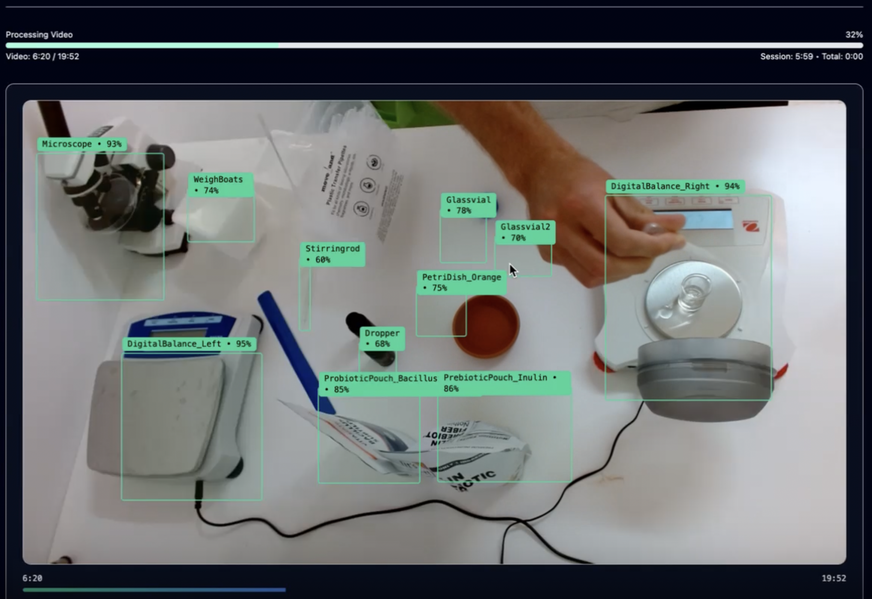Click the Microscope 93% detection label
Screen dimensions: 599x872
pos(81,144)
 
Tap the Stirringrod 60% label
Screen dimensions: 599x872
pos(332,254)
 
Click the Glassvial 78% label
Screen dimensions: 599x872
pos(468,205)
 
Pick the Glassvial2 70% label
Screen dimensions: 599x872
pos(525,232)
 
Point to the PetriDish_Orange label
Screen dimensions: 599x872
pos(461,282)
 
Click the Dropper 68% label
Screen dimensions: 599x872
pos(382,338)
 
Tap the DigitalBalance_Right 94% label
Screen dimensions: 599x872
pos(675,186)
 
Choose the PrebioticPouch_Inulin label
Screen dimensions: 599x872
pos(503,383)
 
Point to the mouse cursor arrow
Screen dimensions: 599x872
pos(513,270)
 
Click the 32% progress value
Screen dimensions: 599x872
pos(854,35)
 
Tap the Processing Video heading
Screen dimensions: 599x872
pos(39,35)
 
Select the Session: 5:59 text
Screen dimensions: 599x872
pos(786,56)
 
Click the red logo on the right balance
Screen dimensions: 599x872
pos(750,226)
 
